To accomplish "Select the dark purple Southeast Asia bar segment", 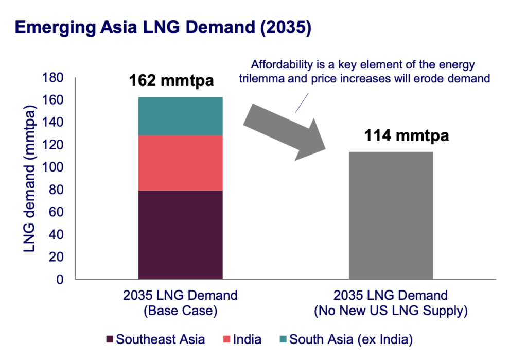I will tap(180, 235).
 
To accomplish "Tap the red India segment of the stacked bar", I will tap(180, 163).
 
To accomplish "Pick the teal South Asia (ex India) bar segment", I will tap(180, 116).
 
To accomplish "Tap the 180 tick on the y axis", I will tap(54, 78).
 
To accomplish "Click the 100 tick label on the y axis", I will tap(54, 167).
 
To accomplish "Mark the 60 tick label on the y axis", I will tap(56, 212).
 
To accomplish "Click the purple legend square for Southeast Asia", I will tap(109, 340).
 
